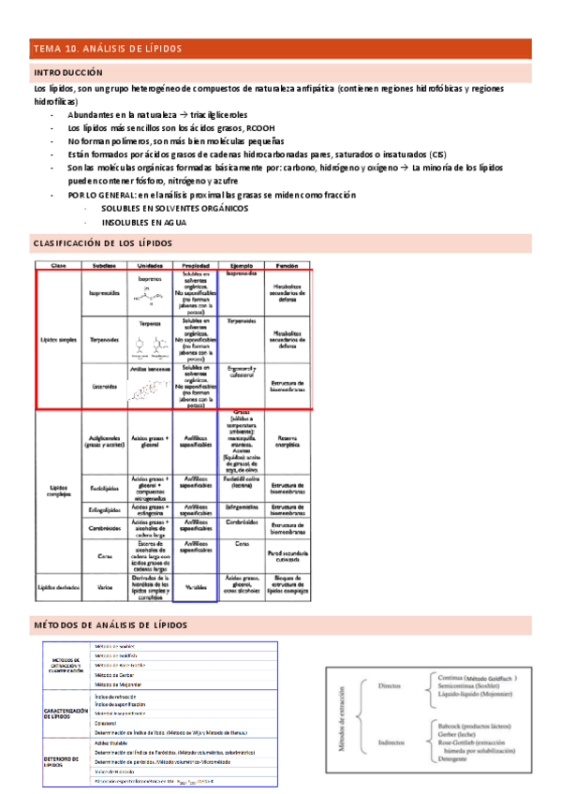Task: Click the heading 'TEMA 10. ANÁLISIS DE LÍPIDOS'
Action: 107,49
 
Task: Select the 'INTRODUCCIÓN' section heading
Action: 68,72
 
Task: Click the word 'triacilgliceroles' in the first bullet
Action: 221,113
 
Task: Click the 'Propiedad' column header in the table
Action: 196,266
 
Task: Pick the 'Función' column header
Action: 288,266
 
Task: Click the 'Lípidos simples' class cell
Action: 58,340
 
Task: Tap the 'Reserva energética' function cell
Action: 288,442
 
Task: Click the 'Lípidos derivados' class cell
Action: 58,587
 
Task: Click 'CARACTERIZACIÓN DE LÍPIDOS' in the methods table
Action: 66,713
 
